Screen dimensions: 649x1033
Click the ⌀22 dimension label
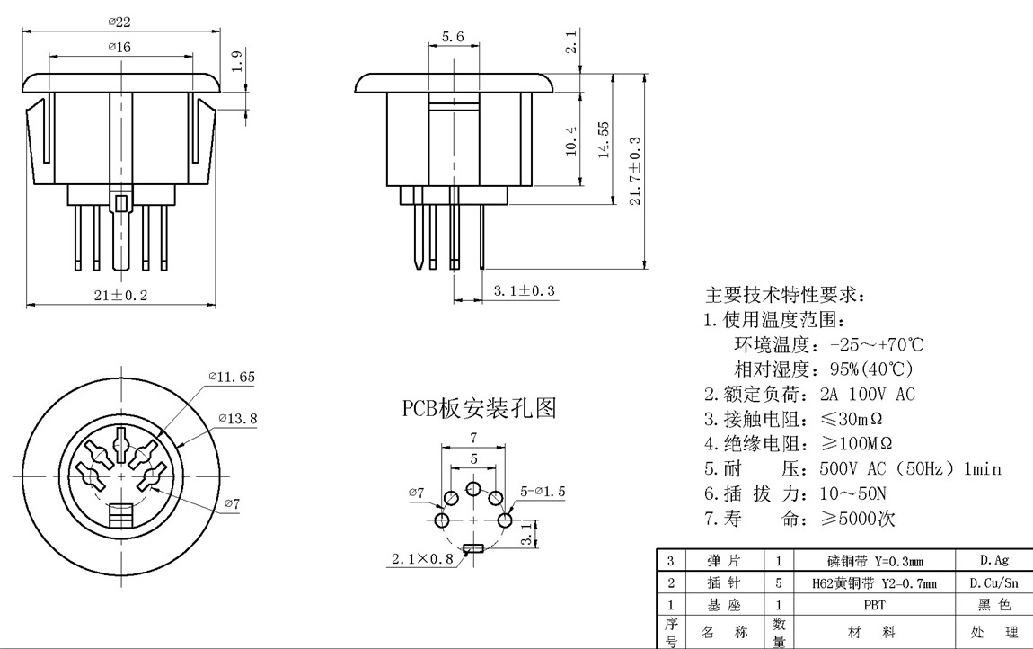(x=120, y=22)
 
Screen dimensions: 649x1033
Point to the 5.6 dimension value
(x=453, y=37)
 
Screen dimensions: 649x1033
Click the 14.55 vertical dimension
(x=605, y=140)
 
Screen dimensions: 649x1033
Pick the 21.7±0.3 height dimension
(x=636, y=171)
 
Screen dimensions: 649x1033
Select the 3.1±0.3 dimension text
(x=525, y=290)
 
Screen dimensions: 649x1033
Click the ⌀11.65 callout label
(x=231, y=378)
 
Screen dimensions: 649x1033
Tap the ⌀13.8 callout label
(x=238, y=418)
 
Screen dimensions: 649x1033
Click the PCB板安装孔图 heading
(x=479, y=409)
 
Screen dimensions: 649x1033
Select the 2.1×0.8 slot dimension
(x=422, y=558)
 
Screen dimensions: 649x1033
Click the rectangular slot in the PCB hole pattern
(x=473, y=547)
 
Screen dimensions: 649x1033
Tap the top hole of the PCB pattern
(x=473, y=489)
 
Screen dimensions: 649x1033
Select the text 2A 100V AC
(x=868, y=394)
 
